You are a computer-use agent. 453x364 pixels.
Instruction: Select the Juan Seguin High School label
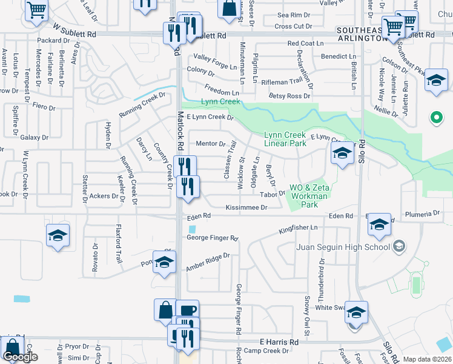click(x=343, y=246)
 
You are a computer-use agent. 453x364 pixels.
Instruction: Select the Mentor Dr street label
click(x=210, y=144)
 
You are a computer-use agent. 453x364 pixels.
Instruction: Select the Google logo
click(x=20, y=357)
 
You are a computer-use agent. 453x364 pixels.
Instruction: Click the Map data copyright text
click(x=428, y=359)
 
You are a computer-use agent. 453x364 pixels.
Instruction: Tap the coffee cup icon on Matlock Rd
click(x=188, y=310)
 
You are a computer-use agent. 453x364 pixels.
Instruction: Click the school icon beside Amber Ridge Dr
click(x=163, y=262)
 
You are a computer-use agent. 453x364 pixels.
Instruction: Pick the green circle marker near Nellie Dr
click(x=435, y=118)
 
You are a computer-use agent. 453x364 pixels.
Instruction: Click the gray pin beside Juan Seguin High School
click(x=398, y=246)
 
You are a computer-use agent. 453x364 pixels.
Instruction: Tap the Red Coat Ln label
click(x=305, y=43)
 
